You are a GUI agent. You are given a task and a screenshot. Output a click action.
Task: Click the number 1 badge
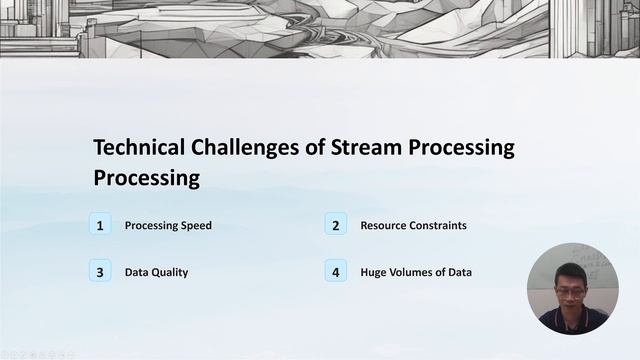100,225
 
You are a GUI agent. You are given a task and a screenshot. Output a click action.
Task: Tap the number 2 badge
336,225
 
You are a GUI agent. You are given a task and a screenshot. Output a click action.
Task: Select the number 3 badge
100,271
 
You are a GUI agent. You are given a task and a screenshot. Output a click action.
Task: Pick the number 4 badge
336,271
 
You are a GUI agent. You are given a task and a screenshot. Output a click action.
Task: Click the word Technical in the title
139,148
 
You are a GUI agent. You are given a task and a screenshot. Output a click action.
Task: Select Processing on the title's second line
146,178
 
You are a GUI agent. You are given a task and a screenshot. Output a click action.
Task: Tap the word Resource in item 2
385,226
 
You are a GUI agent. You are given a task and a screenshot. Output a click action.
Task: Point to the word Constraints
440,226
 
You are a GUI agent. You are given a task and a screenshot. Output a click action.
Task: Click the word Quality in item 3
170,272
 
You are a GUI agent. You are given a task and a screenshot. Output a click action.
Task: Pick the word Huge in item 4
374,272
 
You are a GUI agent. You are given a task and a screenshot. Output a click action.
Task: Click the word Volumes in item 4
411,272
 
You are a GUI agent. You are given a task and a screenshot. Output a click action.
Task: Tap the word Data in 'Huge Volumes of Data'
460,272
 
